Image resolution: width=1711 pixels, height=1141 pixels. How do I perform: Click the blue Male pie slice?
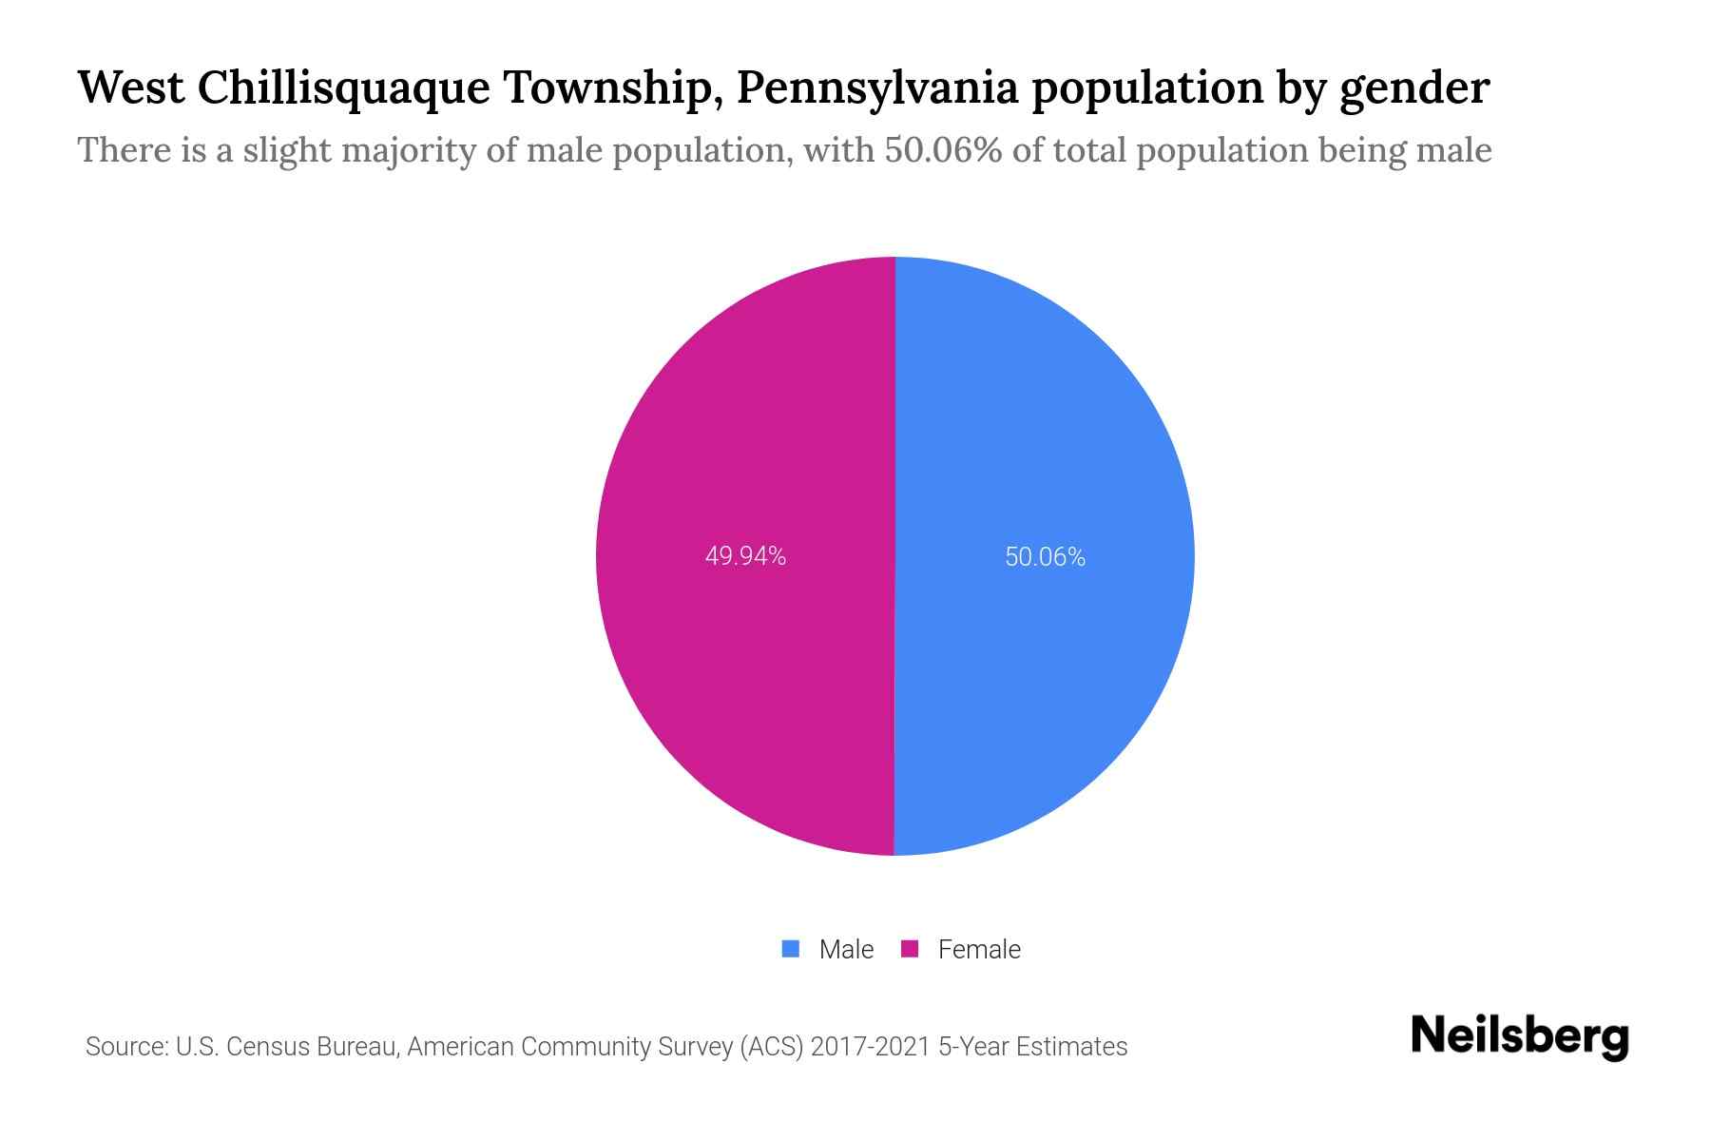[x=1046, y=428]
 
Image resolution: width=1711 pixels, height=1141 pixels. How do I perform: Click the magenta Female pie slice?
[x=741, y=428]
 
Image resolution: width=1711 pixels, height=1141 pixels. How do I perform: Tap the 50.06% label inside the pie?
[x=1045, y=556]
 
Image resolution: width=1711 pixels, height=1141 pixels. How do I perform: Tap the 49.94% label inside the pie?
[x=745, y=556]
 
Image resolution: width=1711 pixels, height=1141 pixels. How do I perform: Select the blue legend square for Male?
[x=790, y=949]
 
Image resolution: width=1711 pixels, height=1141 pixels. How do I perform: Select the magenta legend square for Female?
[x=910, y=949]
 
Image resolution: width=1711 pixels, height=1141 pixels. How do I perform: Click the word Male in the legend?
[x=846, y=949]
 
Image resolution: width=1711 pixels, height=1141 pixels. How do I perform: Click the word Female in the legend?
[x=979, y=949]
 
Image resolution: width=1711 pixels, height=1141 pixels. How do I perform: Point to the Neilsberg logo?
[x=1519, y=1036]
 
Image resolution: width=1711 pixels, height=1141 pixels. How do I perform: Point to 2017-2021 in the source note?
[x=870, y=1047]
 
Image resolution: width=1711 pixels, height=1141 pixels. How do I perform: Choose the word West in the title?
[x=131, y=87]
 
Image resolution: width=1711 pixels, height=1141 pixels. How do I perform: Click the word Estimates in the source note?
[x=1071, y=1047]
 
